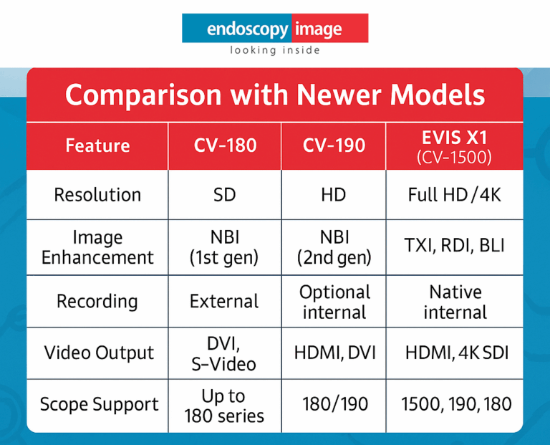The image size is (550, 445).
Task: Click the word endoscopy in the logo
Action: tap(247, 29)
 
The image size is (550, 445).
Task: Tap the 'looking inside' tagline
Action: tap(275, 50)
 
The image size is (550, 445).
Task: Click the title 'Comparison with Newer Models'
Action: tap(275, 95)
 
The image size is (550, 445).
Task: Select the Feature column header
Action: tap(97, 145)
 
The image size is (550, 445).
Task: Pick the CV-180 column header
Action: tap(224, 145)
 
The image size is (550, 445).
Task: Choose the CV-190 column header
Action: tap(334, 145)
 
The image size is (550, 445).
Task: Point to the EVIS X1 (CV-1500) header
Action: tap(454, 146)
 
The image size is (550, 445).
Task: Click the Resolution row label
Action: tap(97, 194)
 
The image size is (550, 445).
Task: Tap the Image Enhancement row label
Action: tap(97, 247)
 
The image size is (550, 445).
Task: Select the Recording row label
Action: tap(97, 301)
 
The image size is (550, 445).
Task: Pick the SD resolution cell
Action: tap(224, 194)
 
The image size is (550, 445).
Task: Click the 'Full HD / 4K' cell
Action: tap(454, 194)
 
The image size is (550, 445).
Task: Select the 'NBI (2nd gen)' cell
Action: tap(334, 247)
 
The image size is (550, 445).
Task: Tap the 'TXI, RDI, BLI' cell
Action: tap(454, 245)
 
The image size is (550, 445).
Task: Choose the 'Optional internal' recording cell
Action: tap(334, 302)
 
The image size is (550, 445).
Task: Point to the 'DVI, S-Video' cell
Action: tap(224, 353)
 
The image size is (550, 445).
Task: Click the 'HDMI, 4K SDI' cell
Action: tap(454, 353)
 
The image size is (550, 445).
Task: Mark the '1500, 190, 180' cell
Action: tap(454, 404)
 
